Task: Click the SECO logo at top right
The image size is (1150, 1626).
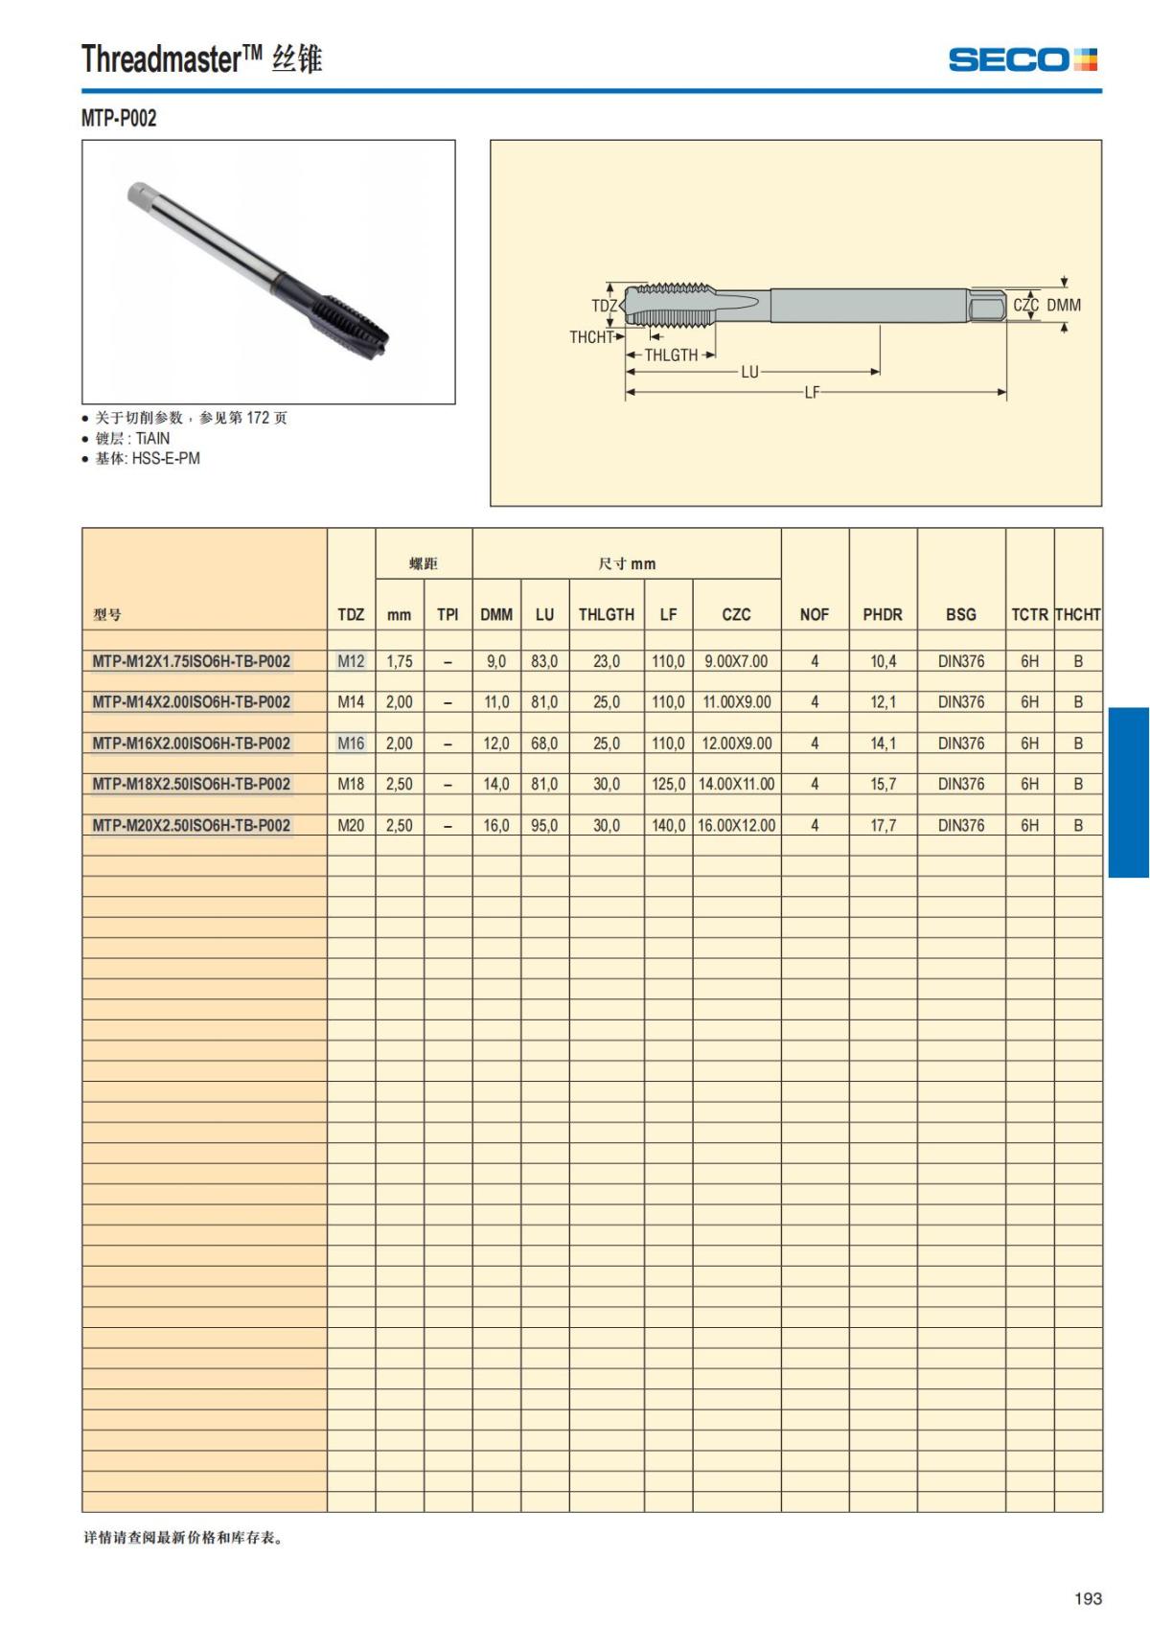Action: [x=1022, y=60]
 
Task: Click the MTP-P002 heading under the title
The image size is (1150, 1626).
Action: [x=119, y=118]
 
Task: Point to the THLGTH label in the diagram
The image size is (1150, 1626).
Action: [x=671, y=355]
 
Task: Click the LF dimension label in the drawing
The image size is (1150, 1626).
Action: [x=812, y=392]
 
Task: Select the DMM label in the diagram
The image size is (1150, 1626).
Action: [x=1063, y=305]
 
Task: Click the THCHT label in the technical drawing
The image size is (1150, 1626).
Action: [x=590, y=337]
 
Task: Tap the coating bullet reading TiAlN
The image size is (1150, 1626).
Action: [x=132, y=438]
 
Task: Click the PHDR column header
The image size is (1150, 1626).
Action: [x=882, y=614]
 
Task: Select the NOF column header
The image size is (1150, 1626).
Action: [x=814, y=614]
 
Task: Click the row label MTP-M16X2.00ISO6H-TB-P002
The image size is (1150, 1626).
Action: [x=191, y=744]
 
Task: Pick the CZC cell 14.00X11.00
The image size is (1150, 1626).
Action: [x=736, y=784]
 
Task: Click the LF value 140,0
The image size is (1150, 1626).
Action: [x=668, y=825]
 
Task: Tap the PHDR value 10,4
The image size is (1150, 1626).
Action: [x=883, y=661]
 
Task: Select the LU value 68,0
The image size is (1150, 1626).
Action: [x=544, y=744]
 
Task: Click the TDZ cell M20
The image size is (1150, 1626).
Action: [x=351, y=825]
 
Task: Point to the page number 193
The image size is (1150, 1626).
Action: [x=1088, y=1598]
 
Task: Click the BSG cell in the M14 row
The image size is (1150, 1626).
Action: [x=960, y=702]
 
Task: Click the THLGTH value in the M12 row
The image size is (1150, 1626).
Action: [x=606, y=661]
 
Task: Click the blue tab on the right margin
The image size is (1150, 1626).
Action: [x=1128, y=791]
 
